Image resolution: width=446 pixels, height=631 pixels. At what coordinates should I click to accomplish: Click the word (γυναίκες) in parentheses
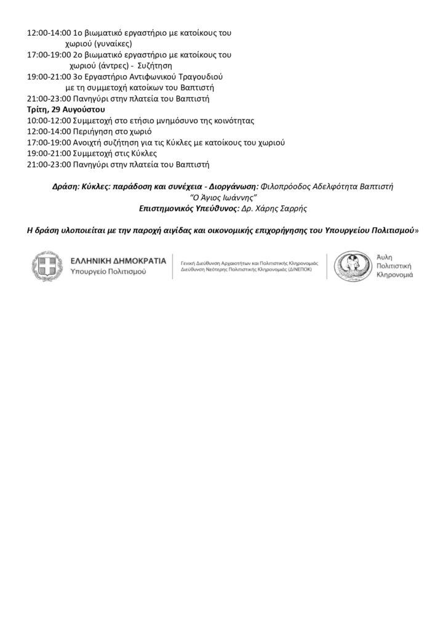pyautogui.click(x=113, y=44)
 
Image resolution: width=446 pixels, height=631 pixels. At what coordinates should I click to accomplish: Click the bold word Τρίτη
pyautogui.click(x=38, y=109)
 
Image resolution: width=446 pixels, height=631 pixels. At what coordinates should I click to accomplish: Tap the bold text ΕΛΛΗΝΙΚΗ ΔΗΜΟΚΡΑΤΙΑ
pyautogui.click(x=119, y=261)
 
